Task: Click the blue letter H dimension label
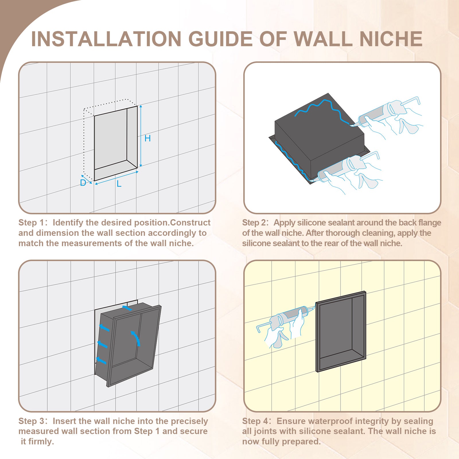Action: click(147, 138)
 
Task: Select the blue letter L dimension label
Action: click(119, 184)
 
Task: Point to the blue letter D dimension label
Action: click(83, 183)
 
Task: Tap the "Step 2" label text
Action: click(255, 223)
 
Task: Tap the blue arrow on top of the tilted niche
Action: click(127, 308)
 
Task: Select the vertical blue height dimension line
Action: click(141, 136)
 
